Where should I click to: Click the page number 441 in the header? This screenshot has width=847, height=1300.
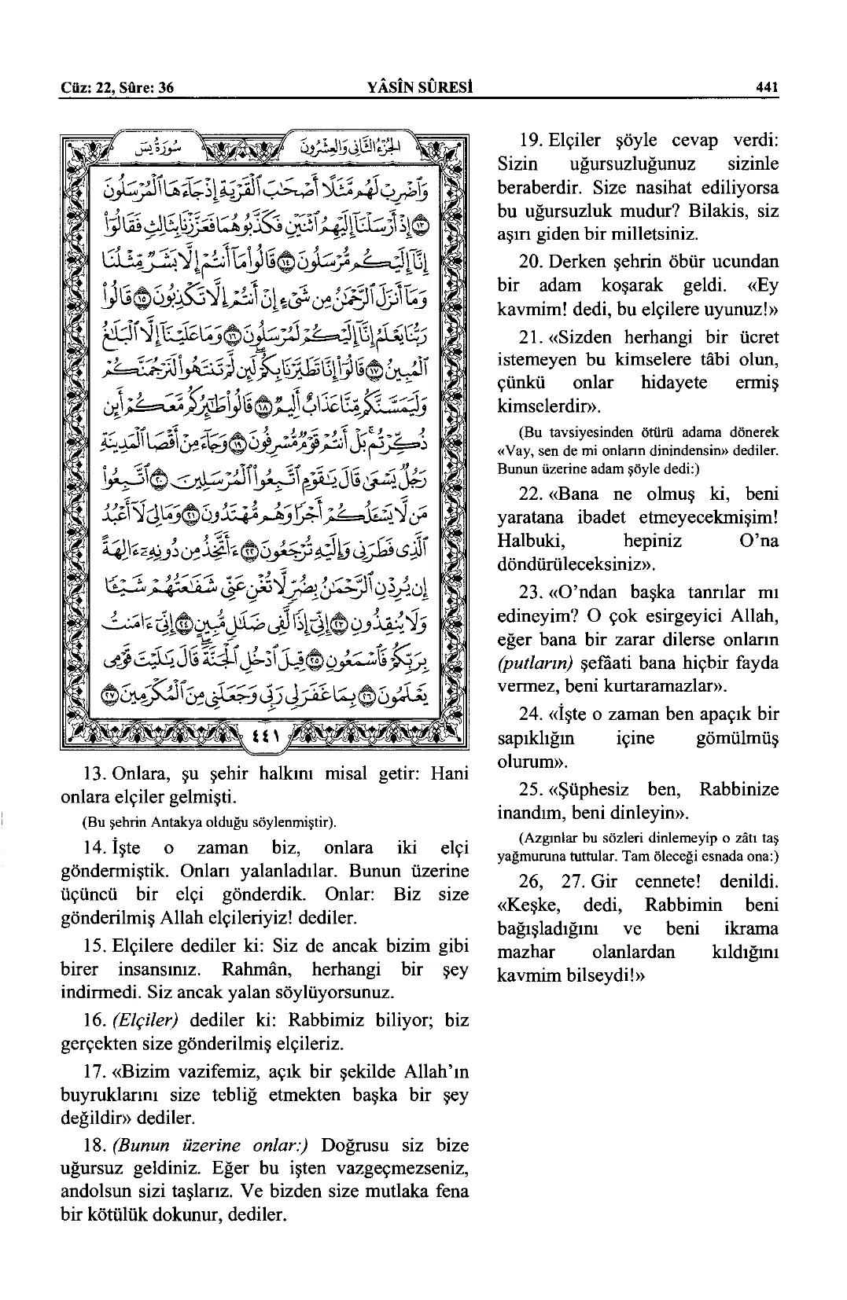point(765,89)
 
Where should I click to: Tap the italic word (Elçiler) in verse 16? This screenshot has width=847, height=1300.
point(145,1021)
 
